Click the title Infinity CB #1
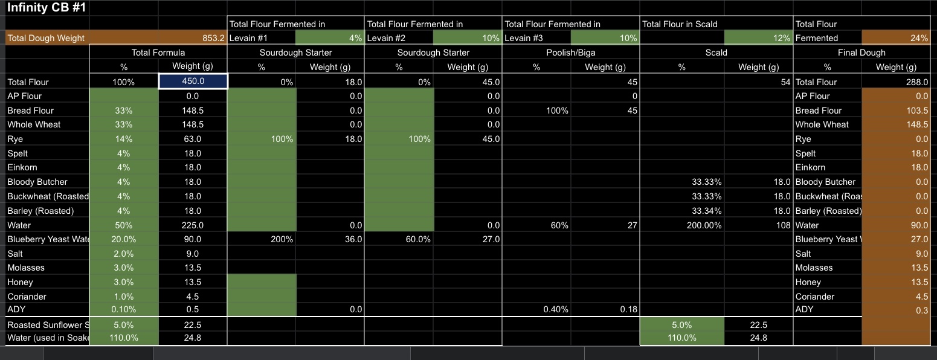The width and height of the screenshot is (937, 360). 47,9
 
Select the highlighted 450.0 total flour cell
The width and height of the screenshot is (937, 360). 193,82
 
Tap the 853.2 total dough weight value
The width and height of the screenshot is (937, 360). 213,38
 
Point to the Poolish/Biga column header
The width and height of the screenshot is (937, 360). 570,53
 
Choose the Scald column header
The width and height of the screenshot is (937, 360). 716,53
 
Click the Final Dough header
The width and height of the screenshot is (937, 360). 861,53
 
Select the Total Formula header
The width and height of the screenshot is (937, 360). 158,53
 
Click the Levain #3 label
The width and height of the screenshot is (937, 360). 523,38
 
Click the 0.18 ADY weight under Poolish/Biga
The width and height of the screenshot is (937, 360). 628,309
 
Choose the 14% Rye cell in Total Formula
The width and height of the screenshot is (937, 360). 124,139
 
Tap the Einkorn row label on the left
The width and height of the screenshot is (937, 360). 22,167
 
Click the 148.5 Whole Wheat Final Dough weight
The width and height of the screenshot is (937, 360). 916,124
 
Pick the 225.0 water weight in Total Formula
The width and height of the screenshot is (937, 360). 193,225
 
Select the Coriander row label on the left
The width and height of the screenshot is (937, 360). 27,297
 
